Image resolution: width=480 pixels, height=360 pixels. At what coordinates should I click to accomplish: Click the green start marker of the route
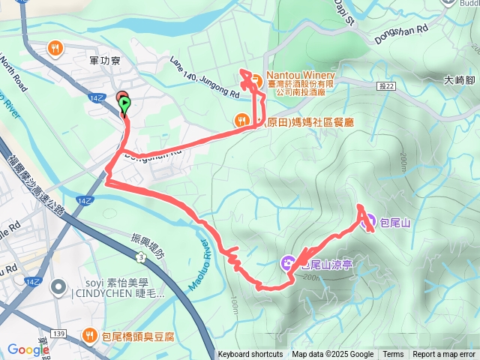click(x=124, y=104)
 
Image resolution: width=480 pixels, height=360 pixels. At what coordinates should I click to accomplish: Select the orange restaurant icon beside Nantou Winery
click(x=254, y=79)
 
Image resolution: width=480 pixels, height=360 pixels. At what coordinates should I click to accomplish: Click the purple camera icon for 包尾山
click(x=368, y=221)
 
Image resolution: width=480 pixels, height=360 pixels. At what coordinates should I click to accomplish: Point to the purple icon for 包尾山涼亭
click(x=287, y=262)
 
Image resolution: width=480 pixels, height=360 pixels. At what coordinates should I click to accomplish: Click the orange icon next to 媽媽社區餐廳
click(x=241, y=119)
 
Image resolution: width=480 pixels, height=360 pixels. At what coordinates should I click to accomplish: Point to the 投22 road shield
click(x=387, y=87)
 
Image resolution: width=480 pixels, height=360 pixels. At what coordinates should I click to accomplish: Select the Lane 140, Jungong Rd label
click(x=204, y=78)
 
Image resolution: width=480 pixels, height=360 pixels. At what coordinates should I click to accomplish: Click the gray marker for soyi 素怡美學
click(x=58, y=288)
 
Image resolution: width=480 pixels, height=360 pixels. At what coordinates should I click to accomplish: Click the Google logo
click(x=28, y=349)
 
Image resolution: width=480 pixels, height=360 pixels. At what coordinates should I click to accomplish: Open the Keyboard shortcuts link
click(x=250, y=355)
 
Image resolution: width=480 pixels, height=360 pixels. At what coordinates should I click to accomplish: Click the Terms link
click(x=393, y=355)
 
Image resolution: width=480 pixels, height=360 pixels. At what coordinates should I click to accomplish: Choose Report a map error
click(x=445, y=355)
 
